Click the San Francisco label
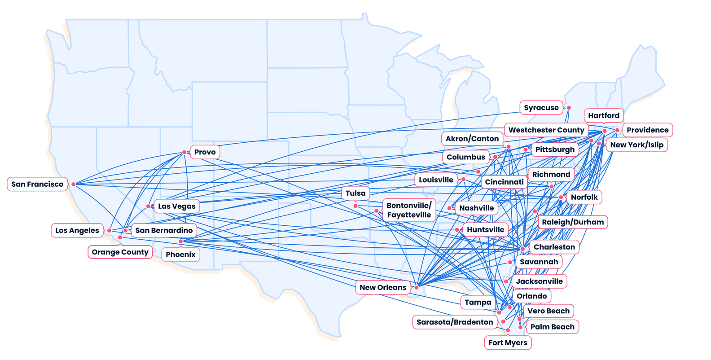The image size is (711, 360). (37, 184)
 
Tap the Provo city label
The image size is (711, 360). (205, 152)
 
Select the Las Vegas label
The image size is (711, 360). (177, 206)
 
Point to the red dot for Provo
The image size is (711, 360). (184, 152)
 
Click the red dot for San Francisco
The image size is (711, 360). (74, 184)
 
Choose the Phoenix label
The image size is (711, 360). (180, 255)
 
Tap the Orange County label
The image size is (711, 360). (120, 252)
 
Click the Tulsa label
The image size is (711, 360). (355, 193)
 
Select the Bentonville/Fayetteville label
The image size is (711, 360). (409, 210)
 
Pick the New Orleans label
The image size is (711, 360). (383, 287)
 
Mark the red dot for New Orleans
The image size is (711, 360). (417, 287)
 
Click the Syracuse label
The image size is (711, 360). (541, 108)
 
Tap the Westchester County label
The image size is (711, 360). (546, 130)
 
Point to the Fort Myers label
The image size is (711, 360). (508, 343)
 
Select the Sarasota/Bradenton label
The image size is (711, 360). (455, 322)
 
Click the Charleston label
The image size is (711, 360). (554, 247)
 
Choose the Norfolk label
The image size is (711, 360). (584, 197)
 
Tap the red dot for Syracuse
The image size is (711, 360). (569, 108)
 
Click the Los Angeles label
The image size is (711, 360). (77, 230)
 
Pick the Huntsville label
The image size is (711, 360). (485, 230)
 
